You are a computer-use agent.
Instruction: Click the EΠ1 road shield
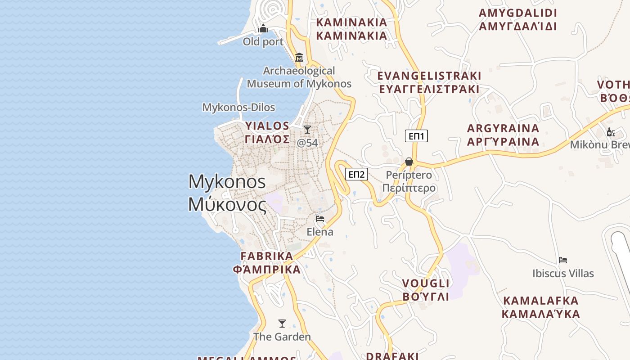pyautogui.click(x=416, y=136)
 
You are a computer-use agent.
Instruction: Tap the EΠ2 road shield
pyautogui.click(x=356, y=174)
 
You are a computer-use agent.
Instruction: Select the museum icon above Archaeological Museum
pyautogui.click(x=299, y=58)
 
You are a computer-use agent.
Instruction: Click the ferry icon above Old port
pyautogui.click(x=263, y=29)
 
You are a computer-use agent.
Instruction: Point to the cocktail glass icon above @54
pyautogui.click(x=307, y=130)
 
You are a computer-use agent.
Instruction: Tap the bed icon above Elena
pyautogui.click(x=320, y=219)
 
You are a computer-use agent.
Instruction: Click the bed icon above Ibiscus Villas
pyautogui.click(x=563, y=260)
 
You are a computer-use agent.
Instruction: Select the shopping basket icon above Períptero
pyautogui.click(x=409, y=162)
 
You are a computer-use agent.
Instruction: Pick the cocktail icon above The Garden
pyautogui.click(x=282, y=324)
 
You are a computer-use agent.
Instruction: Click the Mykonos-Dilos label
pyautogui.click(x=238, y=108)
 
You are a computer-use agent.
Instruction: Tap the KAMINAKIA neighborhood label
pyautogui.click(x=351, y=29)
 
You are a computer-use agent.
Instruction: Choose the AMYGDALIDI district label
pyautogui.click(x=518, y=19)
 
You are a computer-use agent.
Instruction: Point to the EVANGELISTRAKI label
pyautogui.click(x=429, y=82)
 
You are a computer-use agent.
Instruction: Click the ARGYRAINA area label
pyautogui.click(x=503, y=135)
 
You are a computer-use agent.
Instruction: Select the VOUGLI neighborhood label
pyautogui.click(x=426, y=290)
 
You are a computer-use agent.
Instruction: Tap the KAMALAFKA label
pyautogui.click(x=541, y=307)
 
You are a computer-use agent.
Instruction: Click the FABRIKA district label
pyautogui.click(x=266, y=263)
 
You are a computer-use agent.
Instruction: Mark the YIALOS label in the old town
pyautogui.click(x=267, y=132)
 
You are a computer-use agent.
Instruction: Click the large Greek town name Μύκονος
pyautogui.click(x=227, y=204)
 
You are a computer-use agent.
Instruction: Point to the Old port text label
pyautogui.click(x=263, y=42)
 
